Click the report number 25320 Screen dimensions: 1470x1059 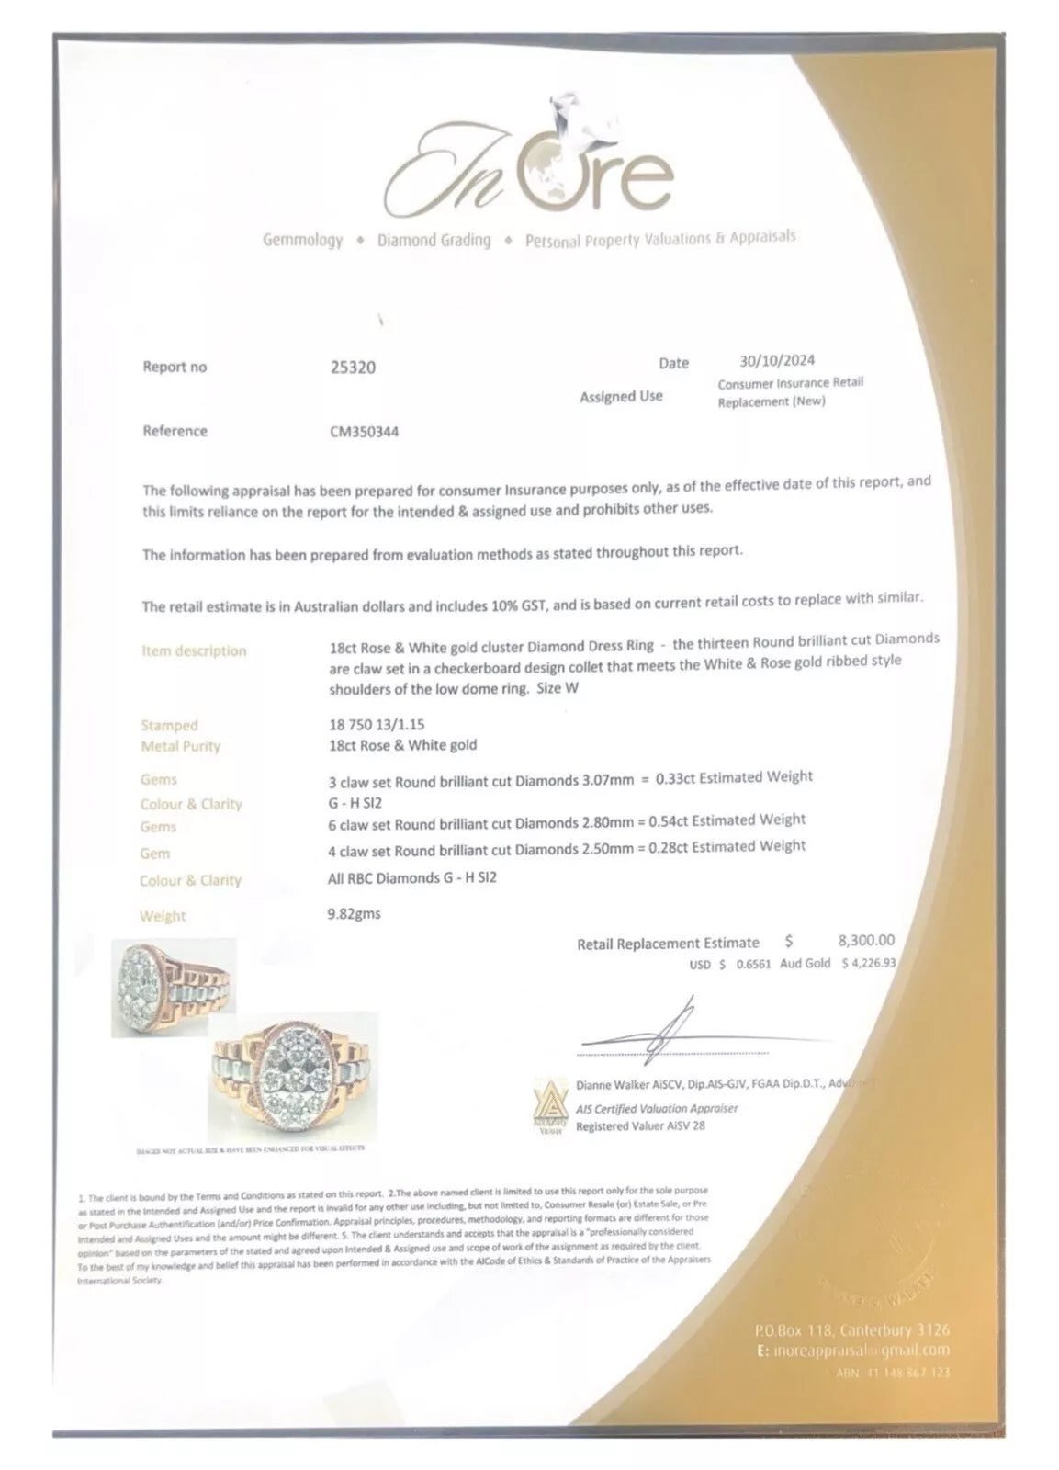point(352,367)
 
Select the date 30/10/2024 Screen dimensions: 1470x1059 point(776,360)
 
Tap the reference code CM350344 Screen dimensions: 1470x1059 point(364,431)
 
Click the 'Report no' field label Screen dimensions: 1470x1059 point(175,367)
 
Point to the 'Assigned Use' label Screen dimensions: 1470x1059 point(621,396)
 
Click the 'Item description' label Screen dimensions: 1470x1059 point(194,650)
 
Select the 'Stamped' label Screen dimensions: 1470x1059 point(169,725)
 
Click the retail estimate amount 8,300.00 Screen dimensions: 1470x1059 point(866,940)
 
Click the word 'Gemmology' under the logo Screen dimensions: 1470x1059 point(302,241)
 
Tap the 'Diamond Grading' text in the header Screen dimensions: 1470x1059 point(434,241)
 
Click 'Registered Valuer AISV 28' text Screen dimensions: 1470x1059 point(640,1125)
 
